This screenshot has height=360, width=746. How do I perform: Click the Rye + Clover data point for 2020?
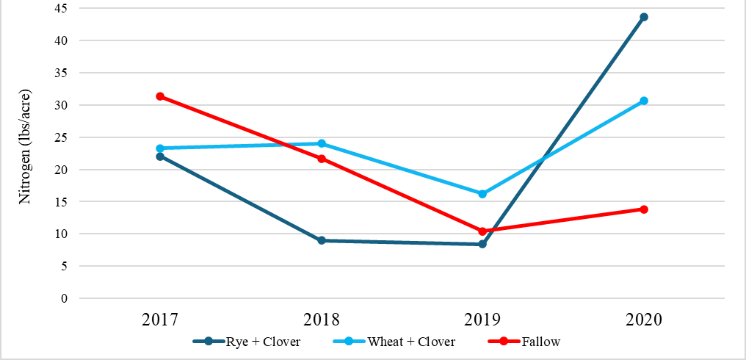644,17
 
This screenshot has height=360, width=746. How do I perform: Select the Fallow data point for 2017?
160,96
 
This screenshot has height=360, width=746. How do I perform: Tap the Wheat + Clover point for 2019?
482,194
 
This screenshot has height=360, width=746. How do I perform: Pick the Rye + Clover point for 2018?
322,240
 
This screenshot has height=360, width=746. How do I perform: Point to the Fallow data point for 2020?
644,209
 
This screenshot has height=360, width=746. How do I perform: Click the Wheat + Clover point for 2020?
644,101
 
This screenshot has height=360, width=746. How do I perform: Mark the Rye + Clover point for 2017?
160,156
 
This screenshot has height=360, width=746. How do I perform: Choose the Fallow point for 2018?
322,159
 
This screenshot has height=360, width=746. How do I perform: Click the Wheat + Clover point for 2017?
160,148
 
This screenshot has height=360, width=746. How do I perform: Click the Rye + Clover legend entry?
247,342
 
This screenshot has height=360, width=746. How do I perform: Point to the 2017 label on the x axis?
160,320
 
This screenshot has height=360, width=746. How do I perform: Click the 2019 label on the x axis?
482,320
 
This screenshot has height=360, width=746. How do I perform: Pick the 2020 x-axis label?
644,320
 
